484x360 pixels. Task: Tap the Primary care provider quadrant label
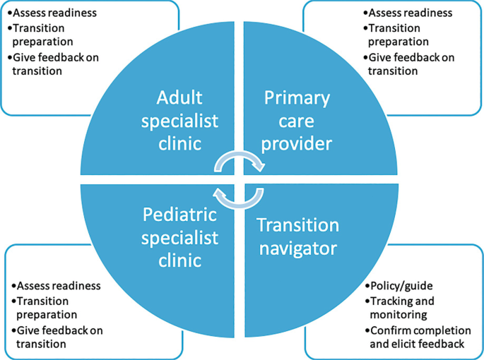297,121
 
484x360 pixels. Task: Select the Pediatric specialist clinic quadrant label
180,237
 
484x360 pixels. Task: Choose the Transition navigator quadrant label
297,237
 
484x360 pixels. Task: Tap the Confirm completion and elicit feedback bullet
416,337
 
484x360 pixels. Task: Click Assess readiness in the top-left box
53,13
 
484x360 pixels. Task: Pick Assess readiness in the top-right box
409,13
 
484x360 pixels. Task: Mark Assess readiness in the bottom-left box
57,286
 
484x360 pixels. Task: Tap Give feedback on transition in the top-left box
53,64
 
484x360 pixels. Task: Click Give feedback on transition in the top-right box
409,64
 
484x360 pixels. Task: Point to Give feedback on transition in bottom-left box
57,337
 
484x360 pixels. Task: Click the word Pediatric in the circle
180,214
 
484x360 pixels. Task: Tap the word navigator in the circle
297,248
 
